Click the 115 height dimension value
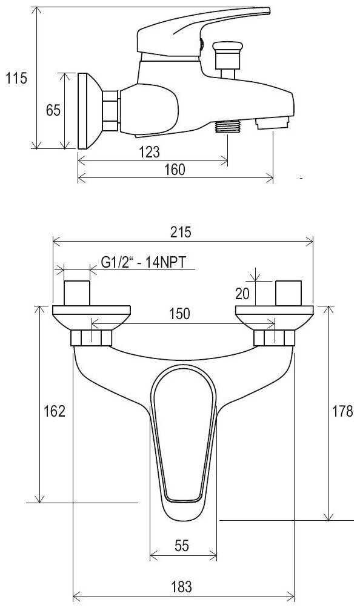pyautogui.click(x=16, y=78)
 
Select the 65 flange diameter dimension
pyautogui.click(x=53, y=110)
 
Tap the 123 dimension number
pyautogui.click(x=149, y=151)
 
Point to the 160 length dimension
pyautogui.click(x=175, y=170)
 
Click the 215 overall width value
pyautogui.click(x=181, y=233)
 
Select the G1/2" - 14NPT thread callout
pyautogui.click(x=143, y=262)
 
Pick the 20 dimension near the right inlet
pyautogui.click(x=242, y=294)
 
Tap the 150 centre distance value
pyautogui.click(x=180, y=314)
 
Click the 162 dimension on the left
pyautogui.click(x=55, y=411)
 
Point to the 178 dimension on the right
pyautogui.click(x=342, y=411)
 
